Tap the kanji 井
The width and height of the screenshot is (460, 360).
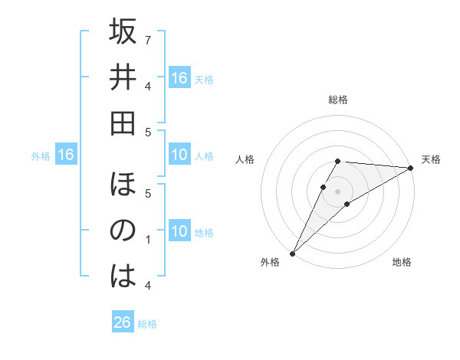(123, 77)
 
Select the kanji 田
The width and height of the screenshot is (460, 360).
(123, 122)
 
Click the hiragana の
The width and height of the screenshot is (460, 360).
(123, 231)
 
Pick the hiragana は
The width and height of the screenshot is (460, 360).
(123, 276)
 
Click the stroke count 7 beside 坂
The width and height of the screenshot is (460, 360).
(148, 39)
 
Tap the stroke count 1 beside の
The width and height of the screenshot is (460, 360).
(148, 240)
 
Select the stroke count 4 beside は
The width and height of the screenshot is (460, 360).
(148, 285)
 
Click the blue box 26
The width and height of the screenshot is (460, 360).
(123, 322)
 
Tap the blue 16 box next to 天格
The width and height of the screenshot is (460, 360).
(179, 77)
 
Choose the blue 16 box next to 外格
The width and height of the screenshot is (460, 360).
(65, 155)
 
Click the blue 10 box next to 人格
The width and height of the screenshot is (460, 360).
(179, 155)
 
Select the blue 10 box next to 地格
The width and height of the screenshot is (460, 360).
(179, 232)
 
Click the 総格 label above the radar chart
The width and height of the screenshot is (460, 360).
(338, 100)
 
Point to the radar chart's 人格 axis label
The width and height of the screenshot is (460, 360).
(245, 159)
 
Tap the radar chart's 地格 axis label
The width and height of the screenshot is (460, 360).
(402, 262)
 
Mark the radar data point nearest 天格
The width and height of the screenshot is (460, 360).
(410, 168)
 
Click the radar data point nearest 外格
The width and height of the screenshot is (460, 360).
(292, 253)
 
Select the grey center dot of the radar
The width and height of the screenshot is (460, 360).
(338, 191)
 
